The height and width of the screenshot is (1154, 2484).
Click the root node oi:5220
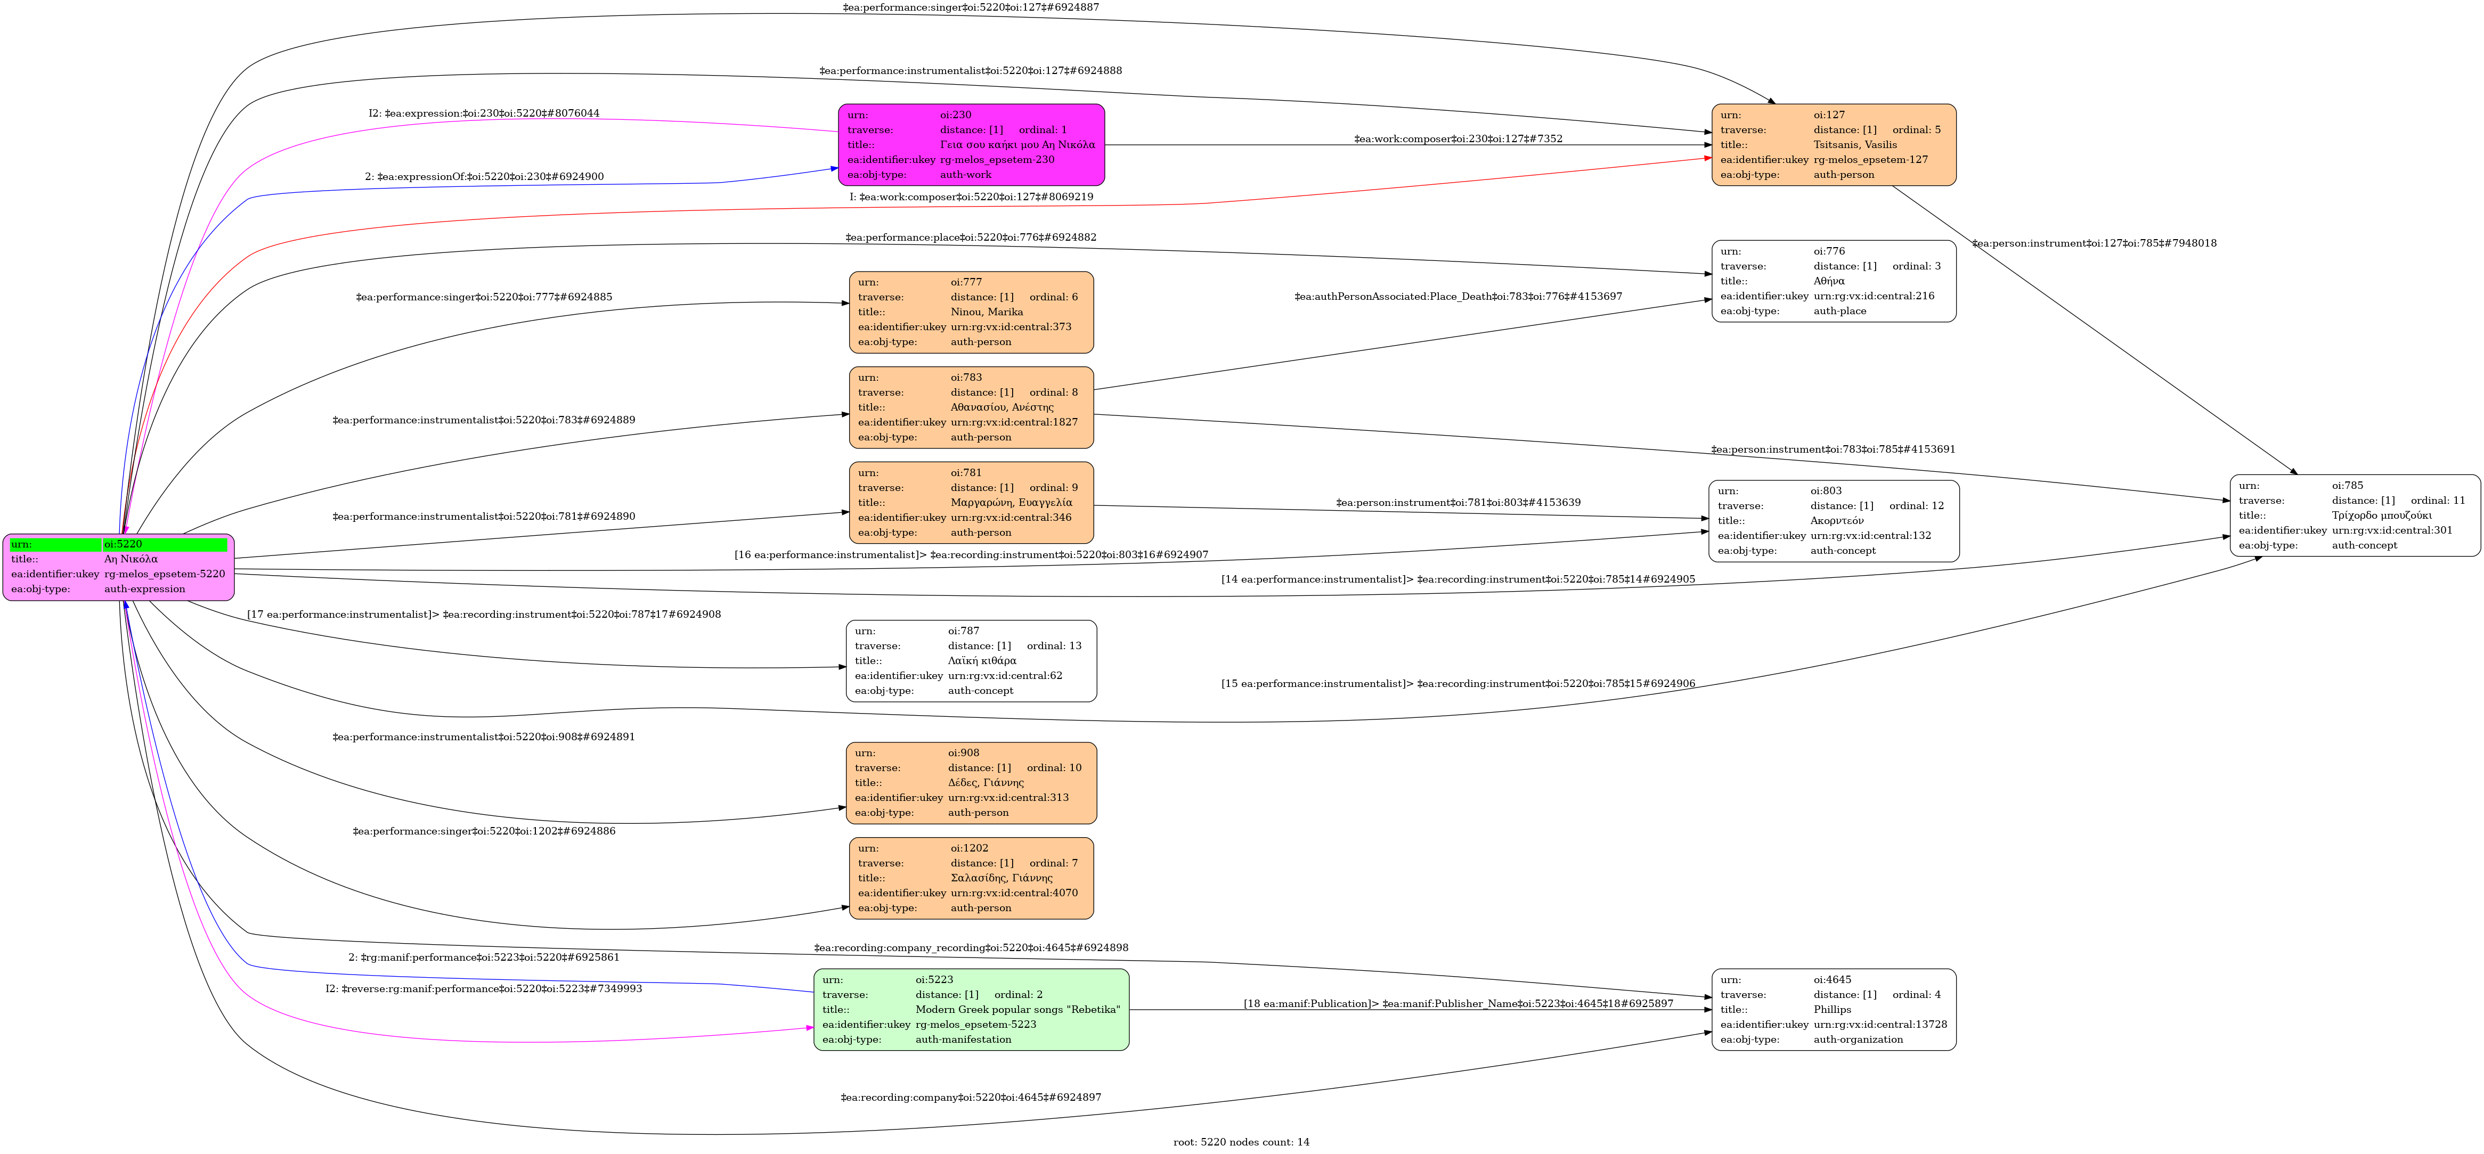(x=119, y=567)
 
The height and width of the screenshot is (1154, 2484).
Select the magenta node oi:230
(x=971, y=145)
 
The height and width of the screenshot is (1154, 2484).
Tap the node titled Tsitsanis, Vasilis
(x=1833, y=145)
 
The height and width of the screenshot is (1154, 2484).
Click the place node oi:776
(x=1833, y=281)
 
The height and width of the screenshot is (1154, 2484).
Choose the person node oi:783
(x=971, y=407)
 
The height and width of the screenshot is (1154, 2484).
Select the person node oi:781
(x=971, y=502)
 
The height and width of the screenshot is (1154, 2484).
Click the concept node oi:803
(x=1833, y=521)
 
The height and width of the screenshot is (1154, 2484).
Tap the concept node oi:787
(x=971, y=660)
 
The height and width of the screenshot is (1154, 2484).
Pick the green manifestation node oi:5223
(x=971, y=1009)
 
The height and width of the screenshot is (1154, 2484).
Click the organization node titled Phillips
(x=1833, y=1009)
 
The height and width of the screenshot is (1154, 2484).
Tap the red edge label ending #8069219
(x=971, y=197)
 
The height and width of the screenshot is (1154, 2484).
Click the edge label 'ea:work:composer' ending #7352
(x=1458, y=139)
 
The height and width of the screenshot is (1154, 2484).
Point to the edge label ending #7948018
(x=2094, y=243)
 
